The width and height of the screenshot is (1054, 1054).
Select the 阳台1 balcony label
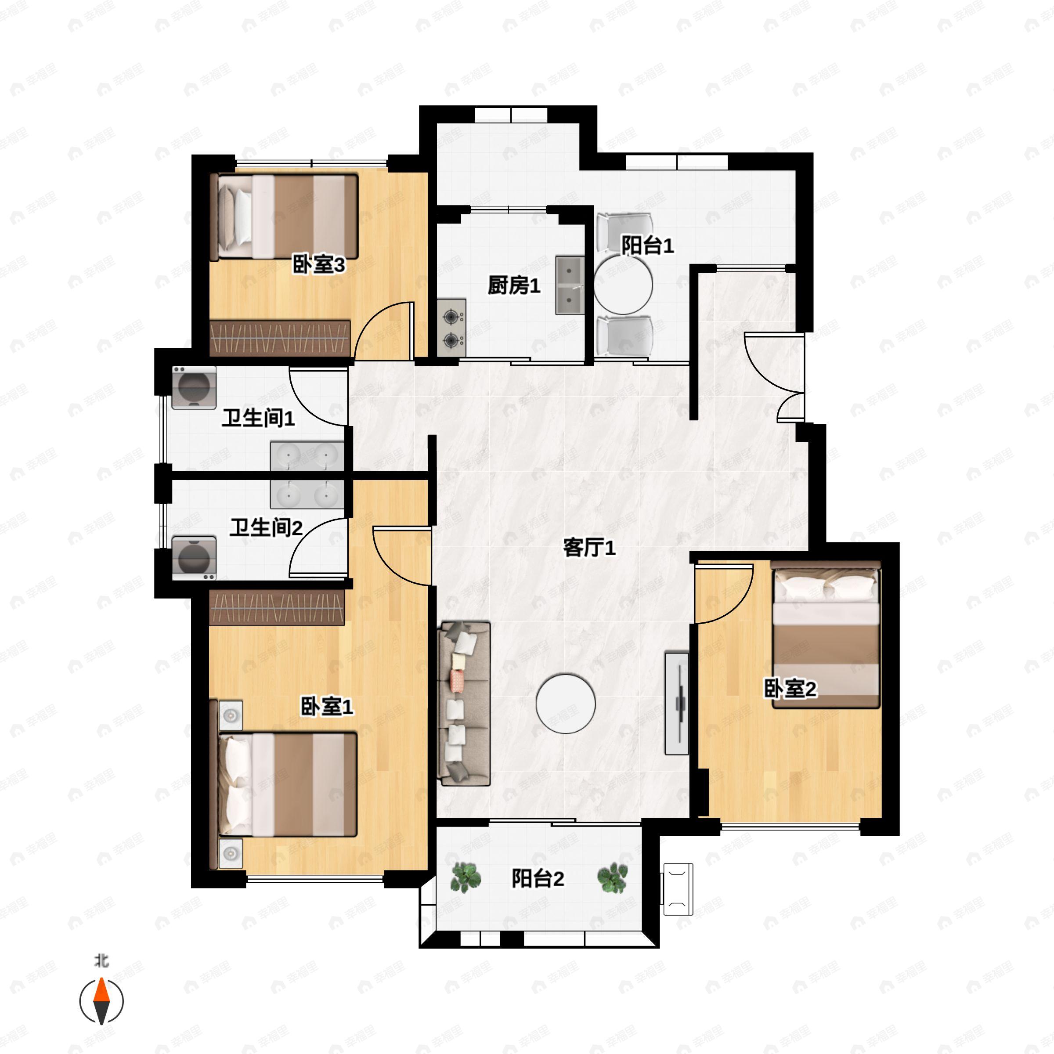[x=648, y=245]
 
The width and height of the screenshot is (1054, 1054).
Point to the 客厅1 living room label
[x=589, y=547]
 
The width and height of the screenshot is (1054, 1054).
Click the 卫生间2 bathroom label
[x=266, y=527]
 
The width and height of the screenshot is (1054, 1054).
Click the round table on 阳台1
[x=623, y=285]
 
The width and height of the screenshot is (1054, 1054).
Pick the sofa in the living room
[x=464, y=703]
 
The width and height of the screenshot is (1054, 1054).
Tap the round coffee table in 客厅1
[x=565, y=703]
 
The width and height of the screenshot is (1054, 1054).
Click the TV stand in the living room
[x=676, y=703]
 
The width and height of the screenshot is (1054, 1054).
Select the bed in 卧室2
[x=826, y=635]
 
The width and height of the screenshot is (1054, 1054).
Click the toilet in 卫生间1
[x=194, y=388]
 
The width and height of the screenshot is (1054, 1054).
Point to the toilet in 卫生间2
[x=194, y=558]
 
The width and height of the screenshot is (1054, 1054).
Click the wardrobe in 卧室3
[x=280, y=338]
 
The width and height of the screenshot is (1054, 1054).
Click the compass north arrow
[x=101, y=1001]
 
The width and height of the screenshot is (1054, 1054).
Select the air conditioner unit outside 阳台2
[x=678, y=889]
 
